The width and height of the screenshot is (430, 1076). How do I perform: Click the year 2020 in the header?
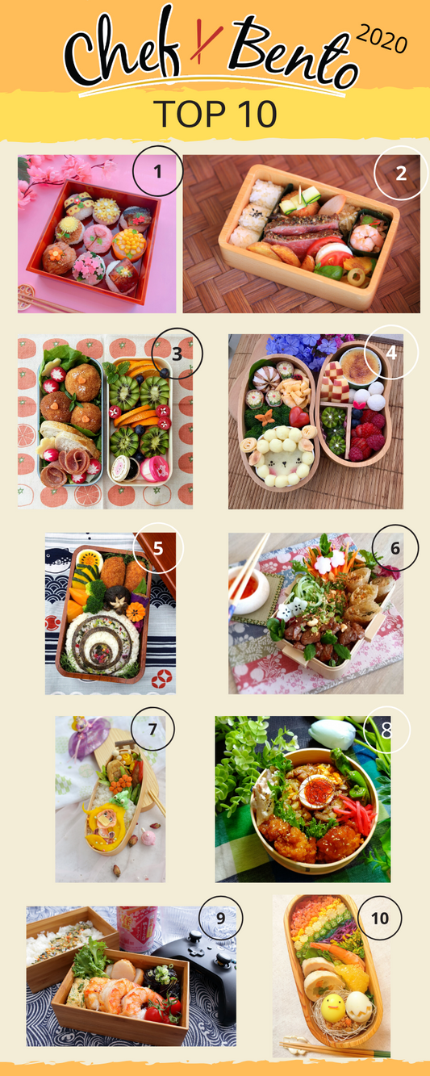point(382,39)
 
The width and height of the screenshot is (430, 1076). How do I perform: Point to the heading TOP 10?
point(215,114)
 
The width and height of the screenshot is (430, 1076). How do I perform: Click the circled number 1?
point(157,171)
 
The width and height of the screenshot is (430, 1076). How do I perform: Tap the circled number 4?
point(391,353)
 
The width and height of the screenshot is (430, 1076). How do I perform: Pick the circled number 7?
point(152,729)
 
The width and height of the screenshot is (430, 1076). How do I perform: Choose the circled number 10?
point(380,919)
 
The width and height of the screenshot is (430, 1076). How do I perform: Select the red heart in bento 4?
point(298,417)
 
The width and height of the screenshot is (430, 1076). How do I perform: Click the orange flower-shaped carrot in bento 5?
point(136,612)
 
